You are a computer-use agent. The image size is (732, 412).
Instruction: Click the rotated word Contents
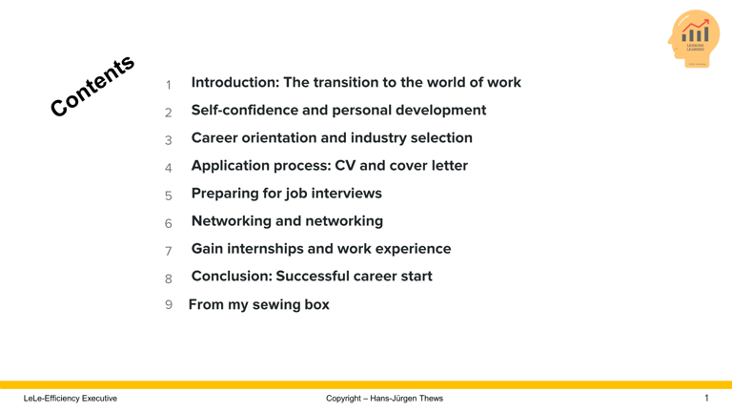(x=93, y=87)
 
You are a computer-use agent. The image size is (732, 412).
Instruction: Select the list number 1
(x=169, y=85)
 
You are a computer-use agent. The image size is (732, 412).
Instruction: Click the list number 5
(x=169, y=196)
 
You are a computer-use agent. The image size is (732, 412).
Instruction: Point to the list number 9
(x=169, y=305)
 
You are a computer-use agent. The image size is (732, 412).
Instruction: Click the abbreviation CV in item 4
(x=345, y=166)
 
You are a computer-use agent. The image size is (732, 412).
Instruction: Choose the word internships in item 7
(x=273, y=249)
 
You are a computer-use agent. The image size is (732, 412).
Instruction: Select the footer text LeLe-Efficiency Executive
(x=71, y=399)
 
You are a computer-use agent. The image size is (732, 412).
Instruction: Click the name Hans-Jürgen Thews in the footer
(x=407, y=399)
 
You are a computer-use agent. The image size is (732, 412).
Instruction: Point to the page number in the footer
(x=706, y=398)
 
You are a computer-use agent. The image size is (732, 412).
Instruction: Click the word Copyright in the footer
(x=343, y=399)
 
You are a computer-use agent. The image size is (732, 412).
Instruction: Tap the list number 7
(x=169, y=251)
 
